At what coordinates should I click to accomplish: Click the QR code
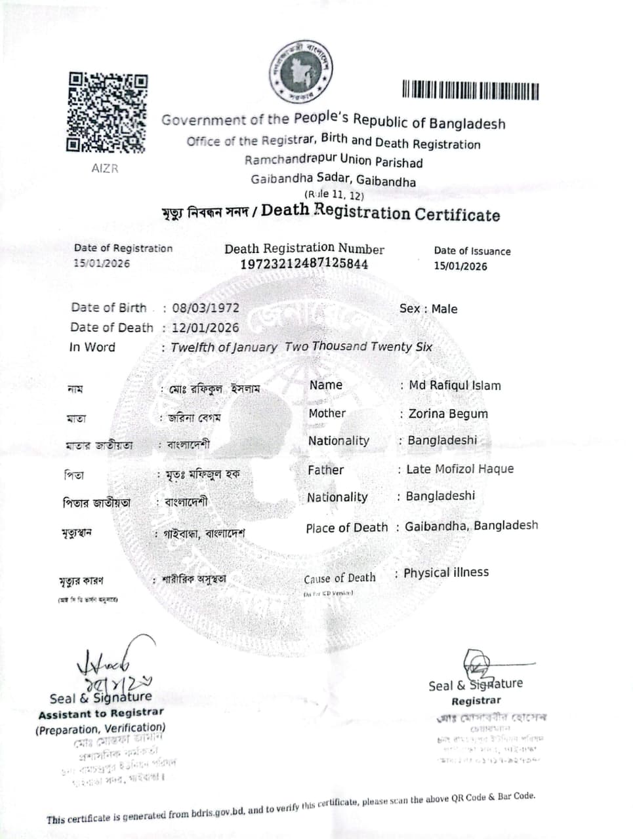point(107,112)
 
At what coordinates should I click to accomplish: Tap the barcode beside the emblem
point(470,90)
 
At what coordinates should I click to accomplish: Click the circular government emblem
point(302,71)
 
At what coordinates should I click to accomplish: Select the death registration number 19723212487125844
point(304,264)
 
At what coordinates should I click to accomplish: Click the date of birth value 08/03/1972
point(205,308)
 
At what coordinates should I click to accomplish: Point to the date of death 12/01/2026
point(205,328)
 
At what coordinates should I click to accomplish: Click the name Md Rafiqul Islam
point(455,385)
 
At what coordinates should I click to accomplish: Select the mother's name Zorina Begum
point(448,414)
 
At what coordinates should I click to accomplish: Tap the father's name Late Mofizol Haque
point(460,469)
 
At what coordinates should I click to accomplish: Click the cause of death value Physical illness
point(446,572)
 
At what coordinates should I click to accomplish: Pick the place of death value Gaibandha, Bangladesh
point(471,526)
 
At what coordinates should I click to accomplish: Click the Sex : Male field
point(428,309)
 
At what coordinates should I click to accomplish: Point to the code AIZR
point(105,168)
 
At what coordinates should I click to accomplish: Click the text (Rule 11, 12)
point(333,195)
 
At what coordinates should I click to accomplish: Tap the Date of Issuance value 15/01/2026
point(460,266)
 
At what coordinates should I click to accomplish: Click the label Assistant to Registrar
point(101,713)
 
